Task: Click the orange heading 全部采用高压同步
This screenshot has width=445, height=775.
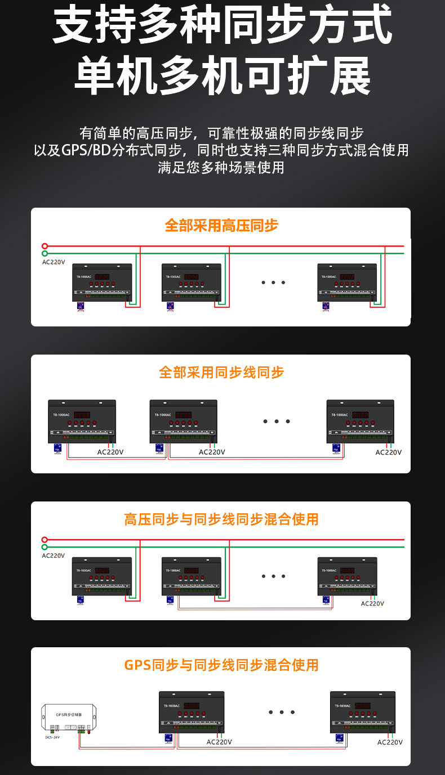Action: coord(221,226)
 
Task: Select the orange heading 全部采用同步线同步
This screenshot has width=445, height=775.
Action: coord(221,372)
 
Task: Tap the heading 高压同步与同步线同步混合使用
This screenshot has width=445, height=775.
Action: coord(221,519)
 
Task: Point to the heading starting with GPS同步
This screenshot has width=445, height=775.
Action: coord(221,665)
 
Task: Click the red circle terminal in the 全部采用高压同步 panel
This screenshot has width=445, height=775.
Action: coord(45,246)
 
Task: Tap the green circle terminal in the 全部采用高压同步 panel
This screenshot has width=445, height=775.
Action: coord(45,254)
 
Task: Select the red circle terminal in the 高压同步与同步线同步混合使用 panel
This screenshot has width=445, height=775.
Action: coord(45,539)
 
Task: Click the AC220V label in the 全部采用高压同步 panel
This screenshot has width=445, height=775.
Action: coord(54,262)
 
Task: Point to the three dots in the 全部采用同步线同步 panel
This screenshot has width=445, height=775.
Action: coord(277,421)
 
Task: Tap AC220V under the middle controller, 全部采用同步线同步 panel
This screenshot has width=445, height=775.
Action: coord(212,452)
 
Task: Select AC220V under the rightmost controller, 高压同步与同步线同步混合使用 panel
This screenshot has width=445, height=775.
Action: coord(372,603)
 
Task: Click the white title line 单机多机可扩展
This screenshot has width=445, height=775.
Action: coord(222,75)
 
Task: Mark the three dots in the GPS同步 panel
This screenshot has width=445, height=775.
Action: coord(278,713)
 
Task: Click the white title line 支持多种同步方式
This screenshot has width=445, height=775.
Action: coord(222,25)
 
